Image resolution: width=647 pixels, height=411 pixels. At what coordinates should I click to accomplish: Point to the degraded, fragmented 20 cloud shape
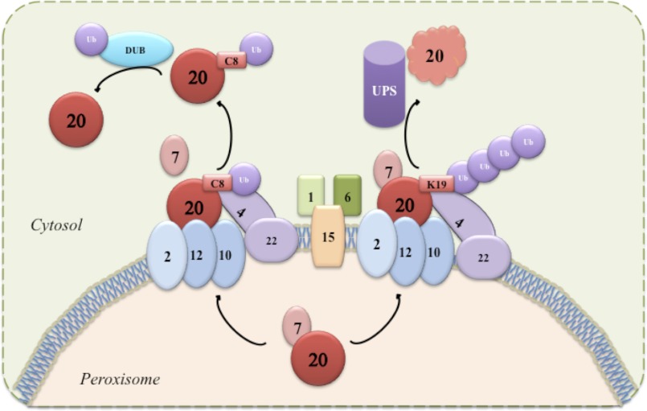(x=436, y=56)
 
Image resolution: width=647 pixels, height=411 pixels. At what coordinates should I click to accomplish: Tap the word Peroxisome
(x=119, y=377)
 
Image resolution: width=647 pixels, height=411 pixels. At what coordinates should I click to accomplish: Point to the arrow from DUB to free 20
(x=129, y=80)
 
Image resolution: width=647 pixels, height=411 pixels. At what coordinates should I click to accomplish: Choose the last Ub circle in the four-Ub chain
(x=529, y=142)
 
